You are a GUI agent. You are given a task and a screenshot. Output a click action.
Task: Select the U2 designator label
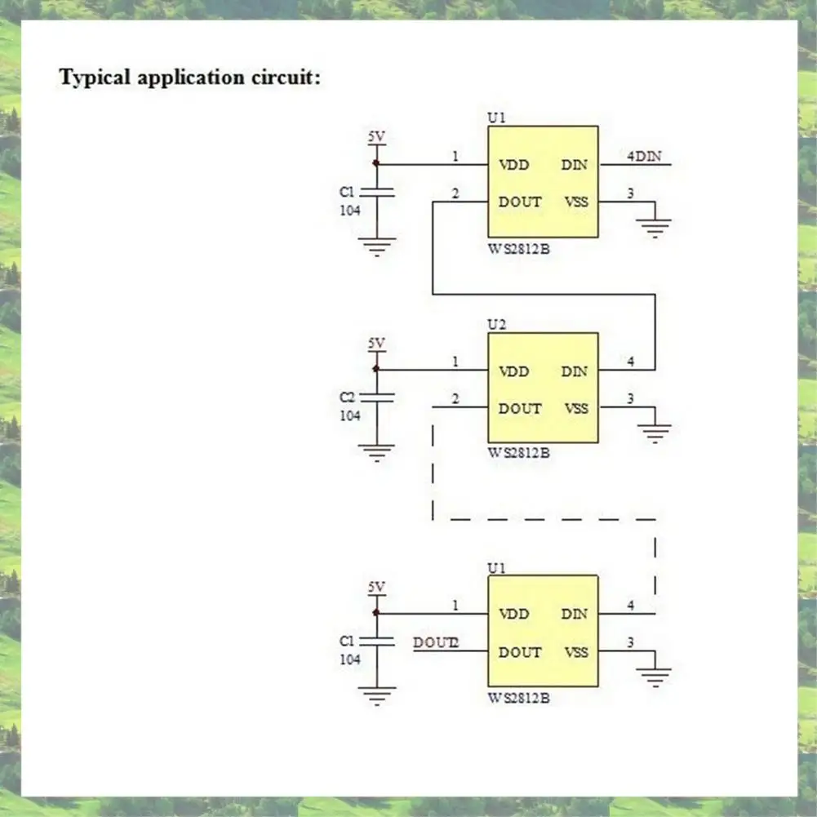[496, 324]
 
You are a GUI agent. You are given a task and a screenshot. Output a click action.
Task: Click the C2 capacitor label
[348, 397]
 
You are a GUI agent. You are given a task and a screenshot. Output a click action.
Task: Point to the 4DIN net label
[644, 156]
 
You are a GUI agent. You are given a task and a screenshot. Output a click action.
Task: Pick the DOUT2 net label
[436, 642]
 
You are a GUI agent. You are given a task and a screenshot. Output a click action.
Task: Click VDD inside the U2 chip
[514, 371]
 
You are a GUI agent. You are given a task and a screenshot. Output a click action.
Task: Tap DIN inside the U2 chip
[574, 371]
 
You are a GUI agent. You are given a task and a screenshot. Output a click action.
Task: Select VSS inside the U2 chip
[575, 408]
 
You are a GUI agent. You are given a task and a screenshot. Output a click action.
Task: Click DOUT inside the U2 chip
[520, 408]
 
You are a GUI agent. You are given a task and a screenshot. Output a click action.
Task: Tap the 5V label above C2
[375, 344]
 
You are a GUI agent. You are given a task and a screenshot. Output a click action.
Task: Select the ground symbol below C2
[376, 451]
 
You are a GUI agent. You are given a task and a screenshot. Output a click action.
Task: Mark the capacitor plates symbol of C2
[376, 397]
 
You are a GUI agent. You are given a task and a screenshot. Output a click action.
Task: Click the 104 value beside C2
[350, 415]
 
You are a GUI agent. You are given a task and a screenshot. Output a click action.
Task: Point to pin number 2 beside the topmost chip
[455, 193]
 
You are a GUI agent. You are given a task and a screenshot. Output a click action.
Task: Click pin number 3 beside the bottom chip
[629, 642]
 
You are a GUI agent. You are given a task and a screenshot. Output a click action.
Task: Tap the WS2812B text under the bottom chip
[519, 698]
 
